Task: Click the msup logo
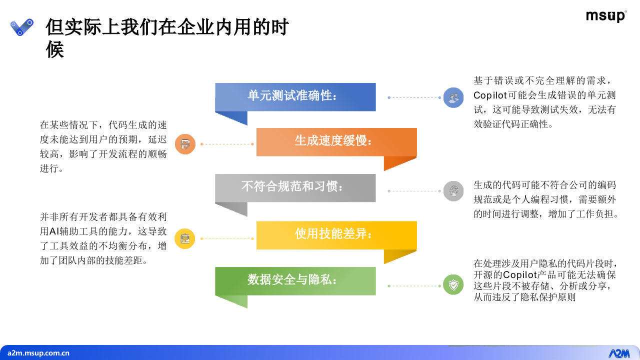tap(605, 16)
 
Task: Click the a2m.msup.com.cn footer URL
tap(38, 353)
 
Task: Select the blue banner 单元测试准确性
tap(295, 96)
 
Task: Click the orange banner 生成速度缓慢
tap(336, 141)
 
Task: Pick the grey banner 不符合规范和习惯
tap(295, 187)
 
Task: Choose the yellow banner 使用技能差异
tap(336, 234)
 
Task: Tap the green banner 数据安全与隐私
tap(295, 280)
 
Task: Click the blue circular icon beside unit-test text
tap(453, 97)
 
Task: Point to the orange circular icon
tap(185, 144)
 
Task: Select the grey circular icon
tap(453, 191)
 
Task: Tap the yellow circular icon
tap(185, 238)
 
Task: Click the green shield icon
tap(453, 285)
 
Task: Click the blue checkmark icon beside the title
tap(22, 27)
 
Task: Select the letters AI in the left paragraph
tap(54, 231)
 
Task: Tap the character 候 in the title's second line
tap(55, 50)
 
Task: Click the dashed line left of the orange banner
tap(227, 144)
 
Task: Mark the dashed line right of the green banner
tap(414, 286)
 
